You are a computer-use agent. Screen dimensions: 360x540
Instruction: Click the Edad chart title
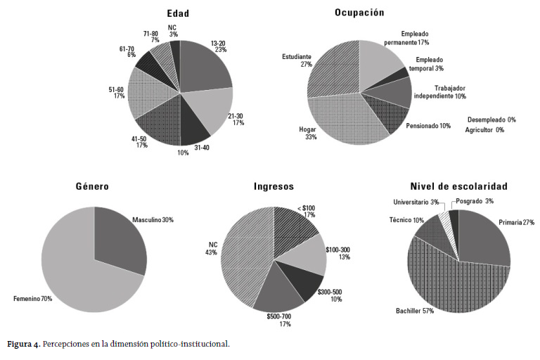[178, 13]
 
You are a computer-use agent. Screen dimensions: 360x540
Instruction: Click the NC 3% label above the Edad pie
[172, 30]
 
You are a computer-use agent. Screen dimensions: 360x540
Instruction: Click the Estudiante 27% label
[297, 60]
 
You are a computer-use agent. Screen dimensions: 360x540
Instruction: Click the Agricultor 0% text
[484, 130]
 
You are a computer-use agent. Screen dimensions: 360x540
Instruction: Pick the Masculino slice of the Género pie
[120, 239]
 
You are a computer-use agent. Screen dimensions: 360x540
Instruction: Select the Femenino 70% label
[32, 299]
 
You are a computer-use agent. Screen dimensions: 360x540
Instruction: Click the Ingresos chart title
[274, 186]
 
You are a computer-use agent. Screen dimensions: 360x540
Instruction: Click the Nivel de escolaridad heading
[459, 186]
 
